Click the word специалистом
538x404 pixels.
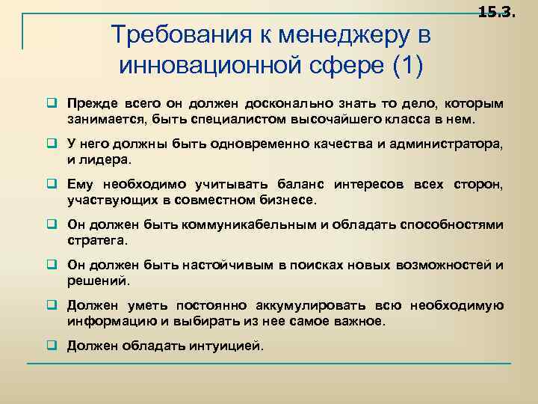click(x=230, y=120)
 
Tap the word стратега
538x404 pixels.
click(x=98, y=241)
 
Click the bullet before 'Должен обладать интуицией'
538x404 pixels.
click(x=55, y=346)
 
